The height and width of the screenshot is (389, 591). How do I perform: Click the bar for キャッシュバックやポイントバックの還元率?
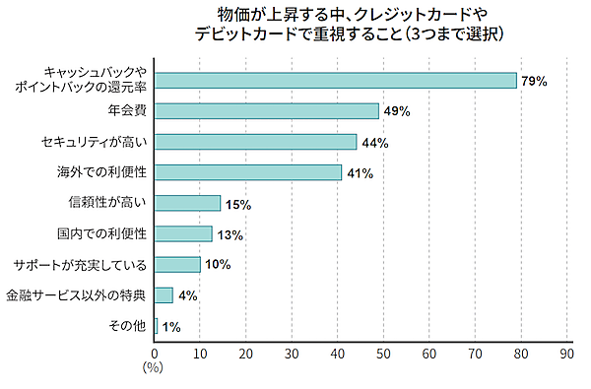pos(336,81)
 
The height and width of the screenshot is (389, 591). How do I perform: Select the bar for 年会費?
pos(267,111)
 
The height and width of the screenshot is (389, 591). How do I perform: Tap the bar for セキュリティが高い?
pos(256,142)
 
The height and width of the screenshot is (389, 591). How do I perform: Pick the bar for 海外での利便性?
pos(248,172)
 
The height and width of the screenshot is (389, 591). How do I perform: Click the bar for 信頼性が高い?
pos(188,203)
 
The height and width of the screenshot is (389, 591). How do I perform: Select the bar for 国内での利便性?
pos(184,233)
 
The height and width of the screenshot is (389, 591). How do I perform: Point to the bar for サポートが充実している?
pos(177,264)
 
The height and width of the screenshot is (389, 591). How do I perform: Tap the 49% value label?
pos(397,112)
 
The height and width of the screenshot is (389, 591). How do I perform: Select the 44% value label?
pos(374,143)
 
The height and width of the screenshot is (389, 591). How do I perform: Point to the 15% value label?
pos(238,205)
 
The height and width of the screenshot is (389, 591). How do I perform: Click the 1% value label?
pos(170,327)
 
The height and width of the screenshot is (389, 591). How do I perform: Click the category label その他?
pos(126,326)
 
